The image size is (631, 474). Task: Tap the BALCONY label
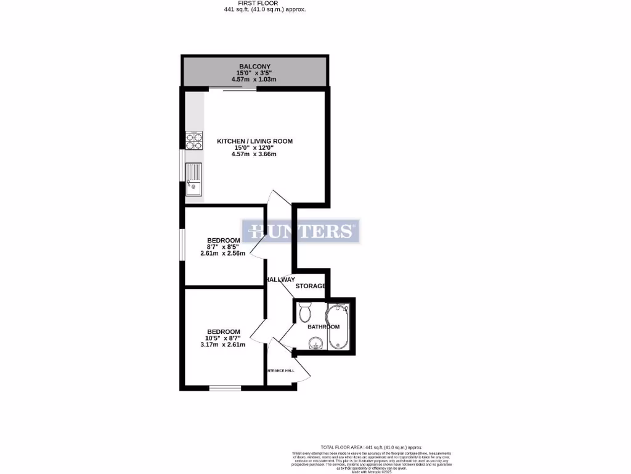pyautogui.click(x=254, y=67)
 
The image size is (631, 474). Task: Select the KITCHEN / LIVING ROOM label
pyautogui.click(x=254, y=141)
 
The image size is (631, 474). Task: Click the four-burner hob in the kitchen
pyautogui.click(x=193, y=141)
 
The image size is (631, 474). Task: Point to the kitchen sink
pyautogui.click(x=193, y=179)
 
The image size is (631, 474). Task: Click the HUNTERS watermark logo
pyautogui.click(x=300, y=231)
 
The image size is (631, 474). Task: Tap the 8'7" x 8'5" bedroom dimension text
pyautogui.click(x=223, y=247)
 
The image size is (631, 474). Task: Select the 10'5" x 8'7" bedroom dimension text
pyautogui.click(x=223, y=338)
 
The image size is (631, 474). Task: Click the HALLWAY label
pyautogui.click(x=280, y=280)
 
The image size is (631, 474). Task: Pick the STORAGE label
pyautogui.click(x=310, y=286)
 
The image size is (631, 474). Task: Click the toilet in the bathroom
pyautogui.click(x=304, y=313)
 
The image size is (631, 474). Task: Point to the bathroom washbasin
pyautogui.click(x=316, y=343)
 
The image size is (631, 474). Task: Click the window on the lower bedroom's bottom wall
pyautogui.click(x=225, y=388)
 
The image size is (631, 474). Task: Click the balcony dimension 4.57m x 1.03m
pyautogui.click(x=254, y=80)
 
